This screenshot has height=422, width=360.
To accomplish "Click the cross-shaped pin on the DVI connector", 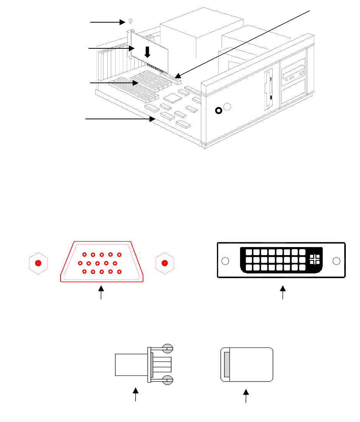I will [314, 259].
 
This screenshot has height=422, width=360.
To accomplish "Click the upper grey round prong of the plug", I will [168, 348].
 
